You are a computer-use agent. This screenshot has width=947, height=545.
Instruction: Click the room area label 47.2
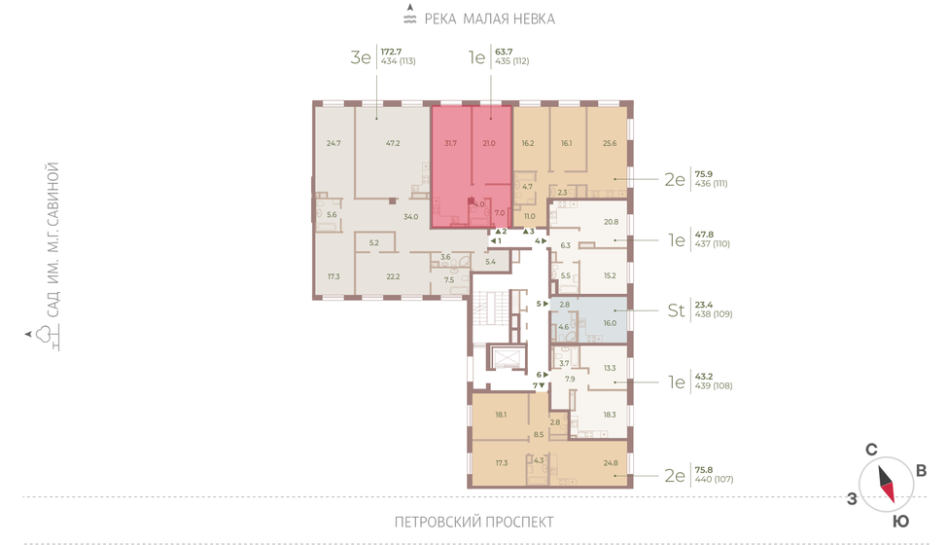point(393,143)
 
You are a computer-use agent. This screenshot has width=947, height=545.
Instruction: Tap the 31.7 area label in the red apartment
point(450,143)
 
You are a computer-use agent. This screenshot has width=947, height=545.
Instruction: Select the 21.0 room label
point(489,143)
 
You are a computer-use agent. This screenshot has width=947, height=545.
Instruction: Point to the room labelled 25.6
point(610,143)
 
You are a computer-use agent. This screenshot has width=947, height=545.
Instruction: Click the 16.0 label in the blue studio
point(610,323)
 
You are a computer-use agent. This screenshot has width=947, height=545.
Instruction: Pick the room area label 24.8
point(611,463)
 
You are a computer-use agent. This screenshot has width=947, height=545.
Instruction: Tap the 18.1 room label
point(501,415)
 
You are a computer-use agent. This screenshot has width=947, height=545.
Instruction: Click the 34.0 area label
point(410,216)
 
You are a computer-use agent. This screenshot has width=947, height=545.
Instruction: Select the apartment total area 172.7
point(391,52)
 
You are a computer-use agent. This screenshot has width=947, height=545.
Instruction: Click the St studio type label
point(676,310)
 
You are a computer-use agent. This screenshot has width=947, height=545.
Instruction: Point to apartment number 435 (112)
point(512,61)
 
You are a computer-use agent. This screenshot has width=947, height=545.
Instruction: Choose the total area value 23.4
point(704,305)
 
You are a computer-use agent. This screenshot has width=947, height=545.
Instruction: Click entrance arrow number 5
point(543,304)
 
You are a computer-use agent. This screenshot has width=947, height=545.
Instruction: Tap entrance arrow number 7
point(539,385)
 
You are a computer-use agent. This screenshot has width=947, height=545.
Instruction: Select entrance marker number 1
point(495,240)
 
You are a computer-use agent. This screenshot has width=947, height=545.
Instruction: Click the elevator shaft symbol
point(507,358)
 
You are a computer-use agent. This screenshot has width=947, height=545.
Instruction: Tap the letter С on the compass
point(871,450)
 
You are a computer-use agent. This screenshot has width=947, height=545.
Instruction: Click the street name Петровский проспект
point(474,522)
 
